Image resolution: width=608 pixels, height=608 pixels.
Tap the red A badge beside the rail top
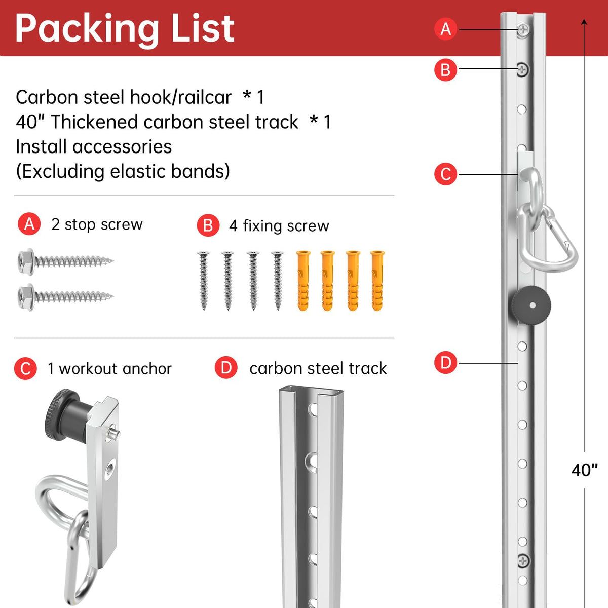445,29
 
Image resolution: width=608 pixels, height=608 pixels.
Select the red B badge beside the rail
445,70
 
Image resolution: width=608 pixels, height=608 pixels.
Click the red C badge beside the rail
445,174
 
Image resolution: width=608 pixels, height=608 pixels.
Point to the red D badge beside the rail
445,363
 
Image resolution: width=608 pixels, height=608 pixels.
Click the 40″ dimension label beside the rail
584,470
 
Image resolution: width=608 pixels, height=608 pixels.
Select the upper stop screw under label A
65,261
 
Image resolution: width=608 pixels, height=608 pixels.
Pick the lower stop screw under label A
65,297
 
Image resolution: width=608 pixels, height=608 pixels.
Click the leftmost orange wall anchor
303,281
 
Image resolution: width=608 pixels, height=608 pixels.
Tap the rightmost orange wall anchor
377,281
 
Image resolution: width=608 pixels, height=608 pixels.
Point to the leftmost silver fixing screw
203,281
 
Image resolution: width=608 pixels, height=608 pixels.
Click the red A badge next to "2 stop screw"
29,224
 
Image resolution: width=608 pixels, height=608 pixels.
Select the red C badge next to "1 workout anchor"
25,368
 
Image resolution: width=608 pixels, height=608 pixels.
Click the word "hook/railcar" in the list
180,97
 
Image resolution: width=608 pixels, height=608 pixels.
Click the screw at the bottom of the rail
523,561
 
